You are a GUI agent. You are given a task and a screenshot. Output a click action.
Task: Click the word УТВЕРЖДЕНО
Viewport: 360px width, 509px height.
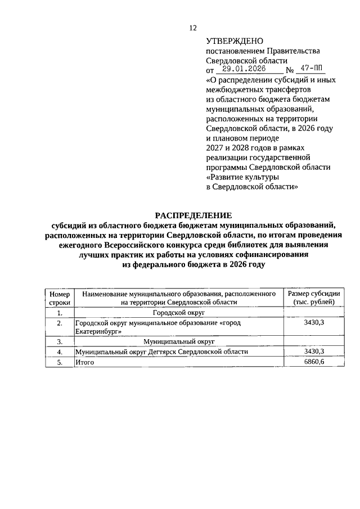[235, 41]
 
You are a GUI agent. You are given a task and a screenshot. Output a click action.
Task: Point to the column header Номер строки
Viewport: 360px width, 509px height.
[59, 298]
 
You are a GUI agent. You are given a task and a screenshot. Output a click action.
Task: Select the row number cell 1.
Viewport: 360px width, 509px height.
[59, 312]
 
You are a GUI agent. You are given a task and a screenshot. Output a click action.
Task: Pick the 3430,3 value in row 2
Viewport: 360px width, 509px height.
[314, 323]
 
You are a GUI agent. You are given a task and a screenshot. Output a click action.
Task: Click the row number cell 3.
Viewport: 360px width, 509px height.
[59, 341]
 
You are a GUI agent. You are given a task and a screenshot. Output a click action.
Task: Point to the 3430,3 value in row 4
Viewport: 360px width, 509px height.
[314, 352]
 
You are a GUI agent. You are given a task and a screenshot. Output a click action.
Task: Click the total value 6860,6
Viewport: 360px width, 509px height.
[314, 363]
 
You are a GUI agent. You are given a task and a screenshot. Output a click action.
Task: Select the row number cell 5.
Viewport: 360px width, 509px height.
[59, 363]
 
